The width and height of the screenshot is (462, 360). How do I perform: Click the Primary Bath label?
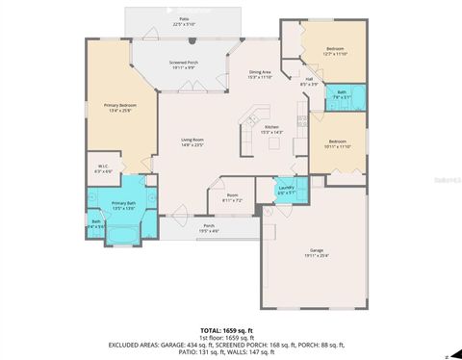tap(123, 205)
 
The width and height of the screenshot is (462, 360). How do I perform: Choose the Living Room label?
tap(192, 142)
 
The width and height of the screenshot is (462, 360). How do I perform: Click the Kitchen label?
tap(271, 129)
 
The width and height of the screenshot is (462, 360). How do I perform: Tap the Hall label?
tap(308, 82)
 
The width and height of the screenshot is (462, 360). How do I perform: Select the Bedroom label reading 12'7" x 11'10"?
tap(335, 51)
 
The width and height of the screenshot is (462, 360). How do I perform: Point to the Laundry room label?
tap(285, 191)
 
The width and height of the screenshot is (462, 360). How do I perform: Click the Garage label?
tap(316, 253)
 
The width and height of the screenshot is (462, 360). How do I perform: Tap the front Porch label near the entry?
tap(208, 228)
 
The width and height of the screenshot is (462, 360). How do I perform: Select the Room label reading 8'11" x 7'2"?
tap(232, 198)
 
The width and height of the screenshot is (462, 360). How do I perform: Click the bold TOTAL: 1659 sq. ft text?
tap(226, 329)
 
